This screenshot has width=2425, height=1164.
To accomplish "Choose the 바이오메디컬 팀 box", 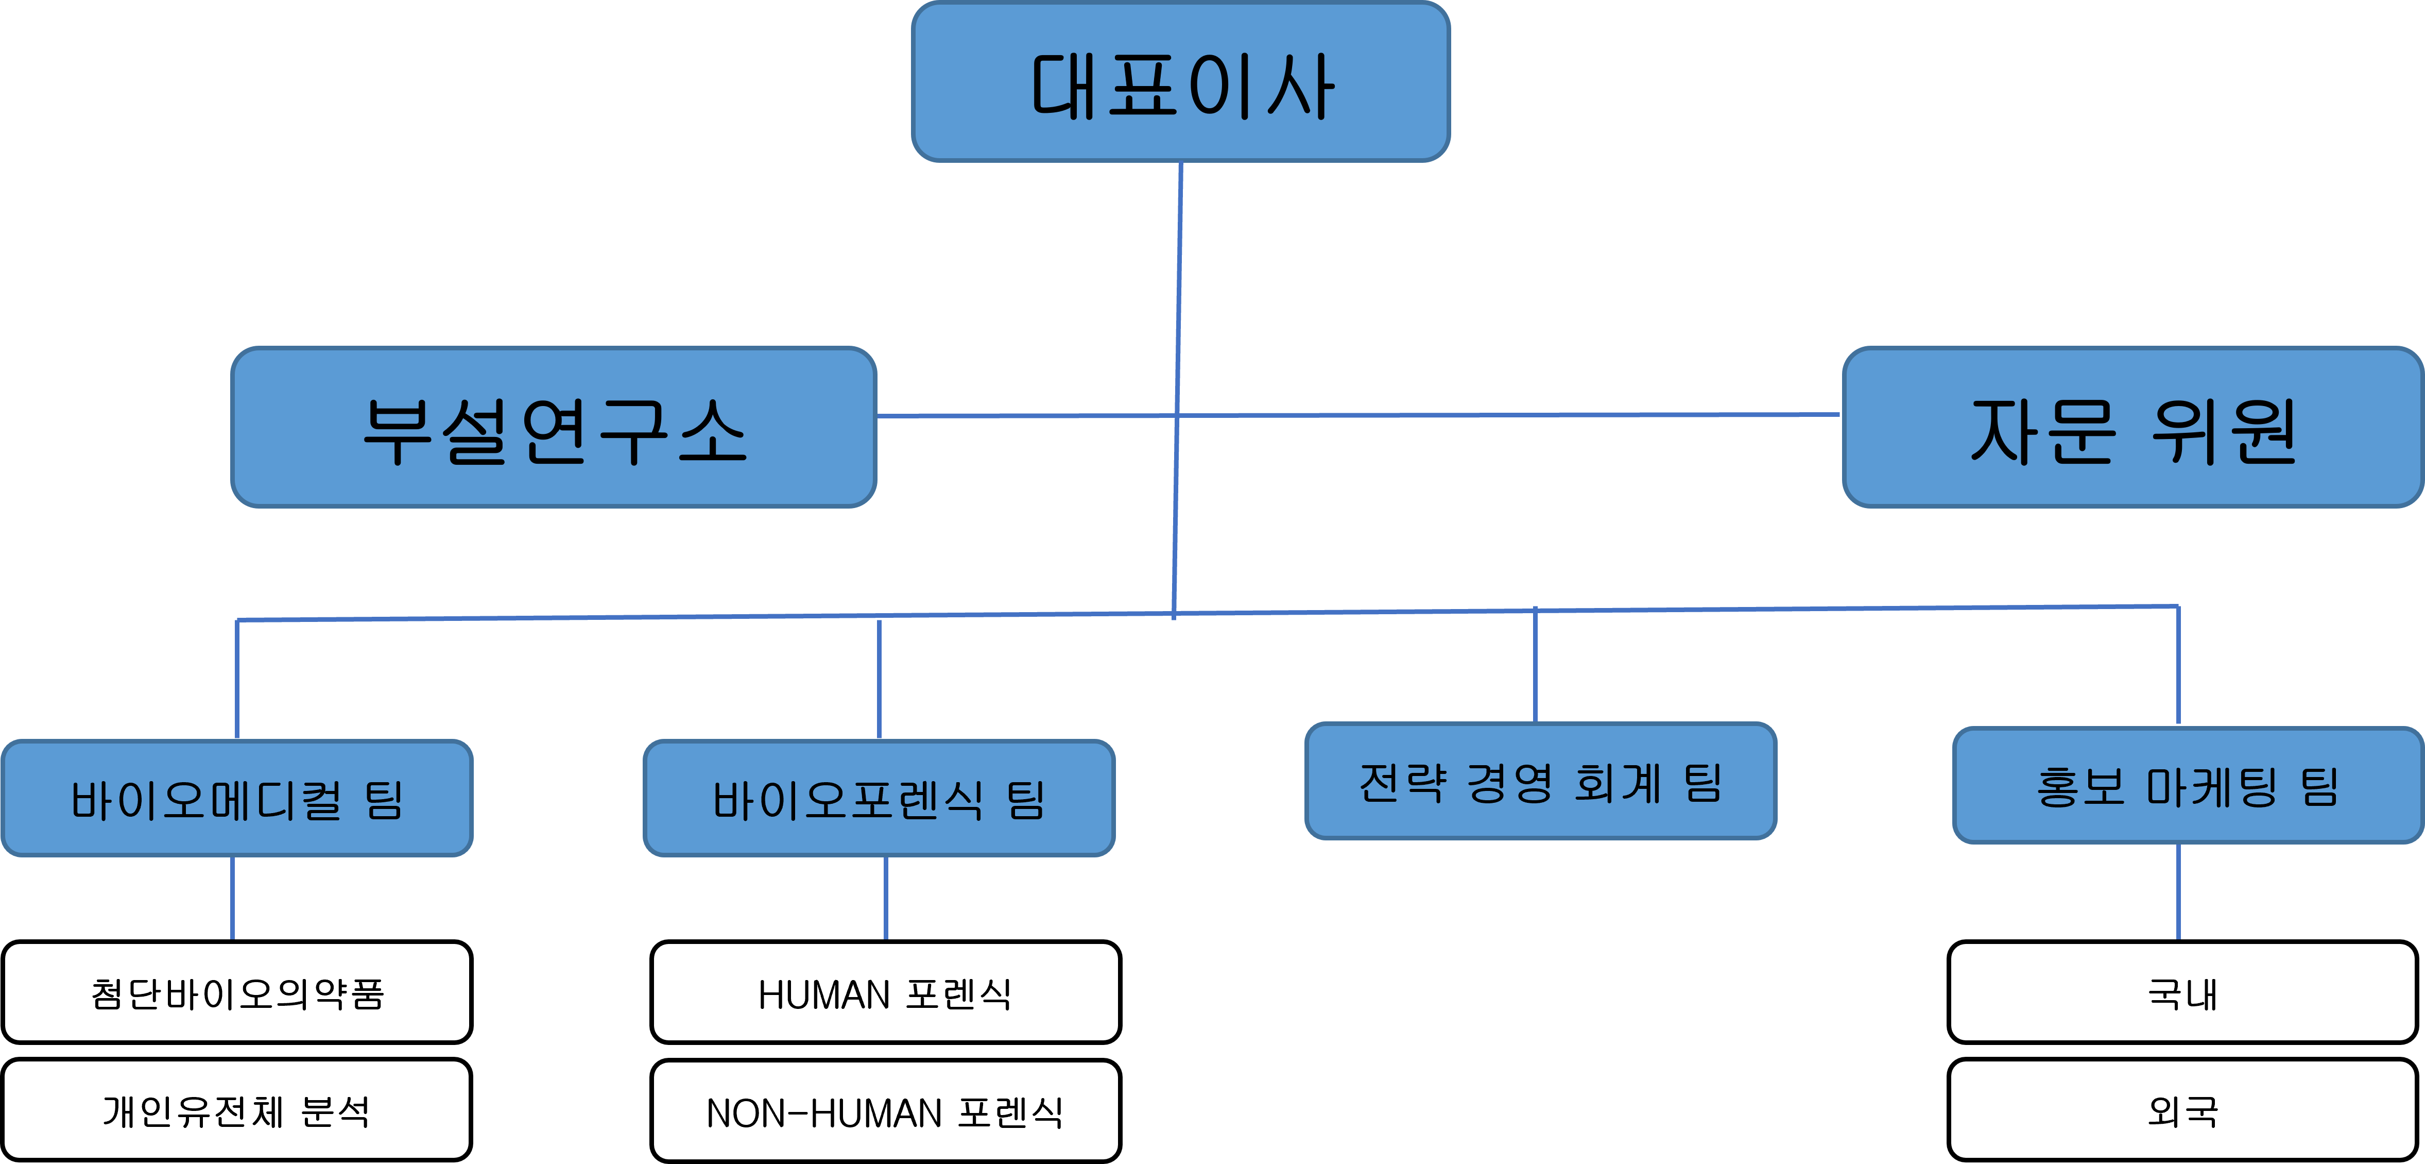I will pyautogui.click(x=237, y=799).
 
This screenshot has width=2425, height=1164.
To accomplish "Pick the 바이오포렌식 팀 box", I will pyautogui.click(x=879, y=799).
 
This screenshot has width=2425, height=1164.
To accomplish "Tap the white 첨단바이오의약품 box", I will pyautogui.click(x=237, y=992).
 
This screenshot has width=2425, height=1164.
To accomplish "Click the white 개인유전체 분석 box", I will pyautogui.click(x=237, y=1110).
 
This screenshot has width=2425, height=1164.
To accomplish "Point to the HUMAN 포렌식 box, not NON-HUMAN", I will pyautogui.click(x=885, y=992).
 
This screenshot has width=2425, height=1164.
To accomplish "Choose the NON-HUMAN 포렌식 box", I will pyautogui.click(x=885, y=1111).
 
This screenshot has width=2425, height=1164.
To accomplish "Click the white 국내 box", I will pyautogui.click(x=2182, y=992).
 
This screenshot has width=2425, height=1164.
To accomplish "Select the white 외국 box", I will pyautogui.click(x=2182, y=1110).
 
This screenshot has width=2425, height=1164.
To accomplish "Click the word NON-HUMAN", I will pyautogui.click(x=824, y=1113).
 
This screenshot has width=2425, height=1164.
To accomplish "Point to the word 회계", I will pyautogui.click(x=1618, y=783).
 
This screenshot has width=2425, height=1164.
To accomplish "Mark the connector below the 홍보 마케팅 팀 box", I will pyautogui.click(x=2178, y=892).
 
